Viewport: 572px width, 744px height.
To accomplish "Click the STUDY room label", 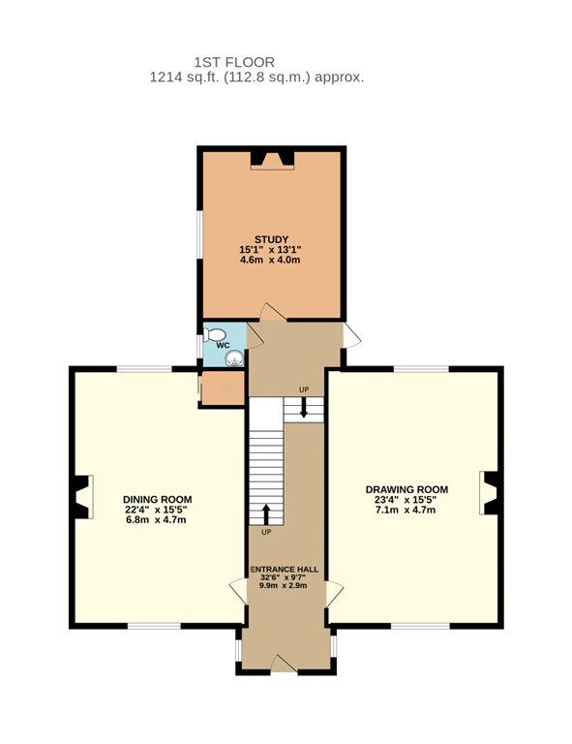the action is tap(271, 239).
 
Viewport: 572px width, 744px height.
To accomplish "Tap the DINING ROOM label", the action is tap(158, 499).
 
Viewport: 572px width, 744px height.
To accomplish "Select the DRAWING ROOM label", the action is tap(406, 489).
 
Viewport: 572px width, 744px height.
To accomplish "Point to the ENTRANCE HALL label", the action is tap(285, 570).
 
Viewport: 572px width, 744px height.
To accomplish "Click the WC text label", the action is tap(223, 346).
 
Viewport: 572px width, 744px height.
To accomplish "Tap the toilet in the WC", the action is tap(214, 334).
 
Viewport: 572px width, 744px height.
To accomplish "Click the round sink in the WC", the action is tap(234, 358).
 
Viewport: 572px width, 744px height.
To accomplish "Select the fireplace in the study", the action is tap(273, 160).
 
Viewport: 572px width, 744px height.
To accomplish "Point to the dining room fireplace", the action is tap(83, 497).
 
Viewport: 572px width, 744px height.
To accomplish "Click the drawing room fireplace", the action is tap(488, 493).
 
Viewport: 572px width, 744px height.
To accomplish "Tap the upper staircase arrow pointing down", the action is tap(304, 408).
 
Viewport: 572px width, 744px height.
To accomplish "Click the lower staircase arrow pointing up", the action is tap(266, 513).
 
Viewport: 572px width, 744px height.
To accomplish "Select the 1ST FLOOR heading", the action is tap(234, 62).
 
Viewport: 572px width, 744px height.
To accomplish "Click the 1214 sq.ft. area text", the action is tap(185, 77).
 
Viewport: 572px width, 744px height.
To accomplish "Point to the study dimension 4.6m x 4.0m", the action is tap(271, 260).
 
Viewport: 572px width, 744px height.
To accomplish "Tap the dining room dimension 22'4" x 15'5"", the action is tap(157, 510).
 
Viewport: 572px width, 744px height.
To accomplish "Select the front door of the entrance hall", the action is tap(284, 664).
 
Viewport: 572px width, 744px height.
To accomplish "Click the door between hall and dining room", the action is tap(238, 592).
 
